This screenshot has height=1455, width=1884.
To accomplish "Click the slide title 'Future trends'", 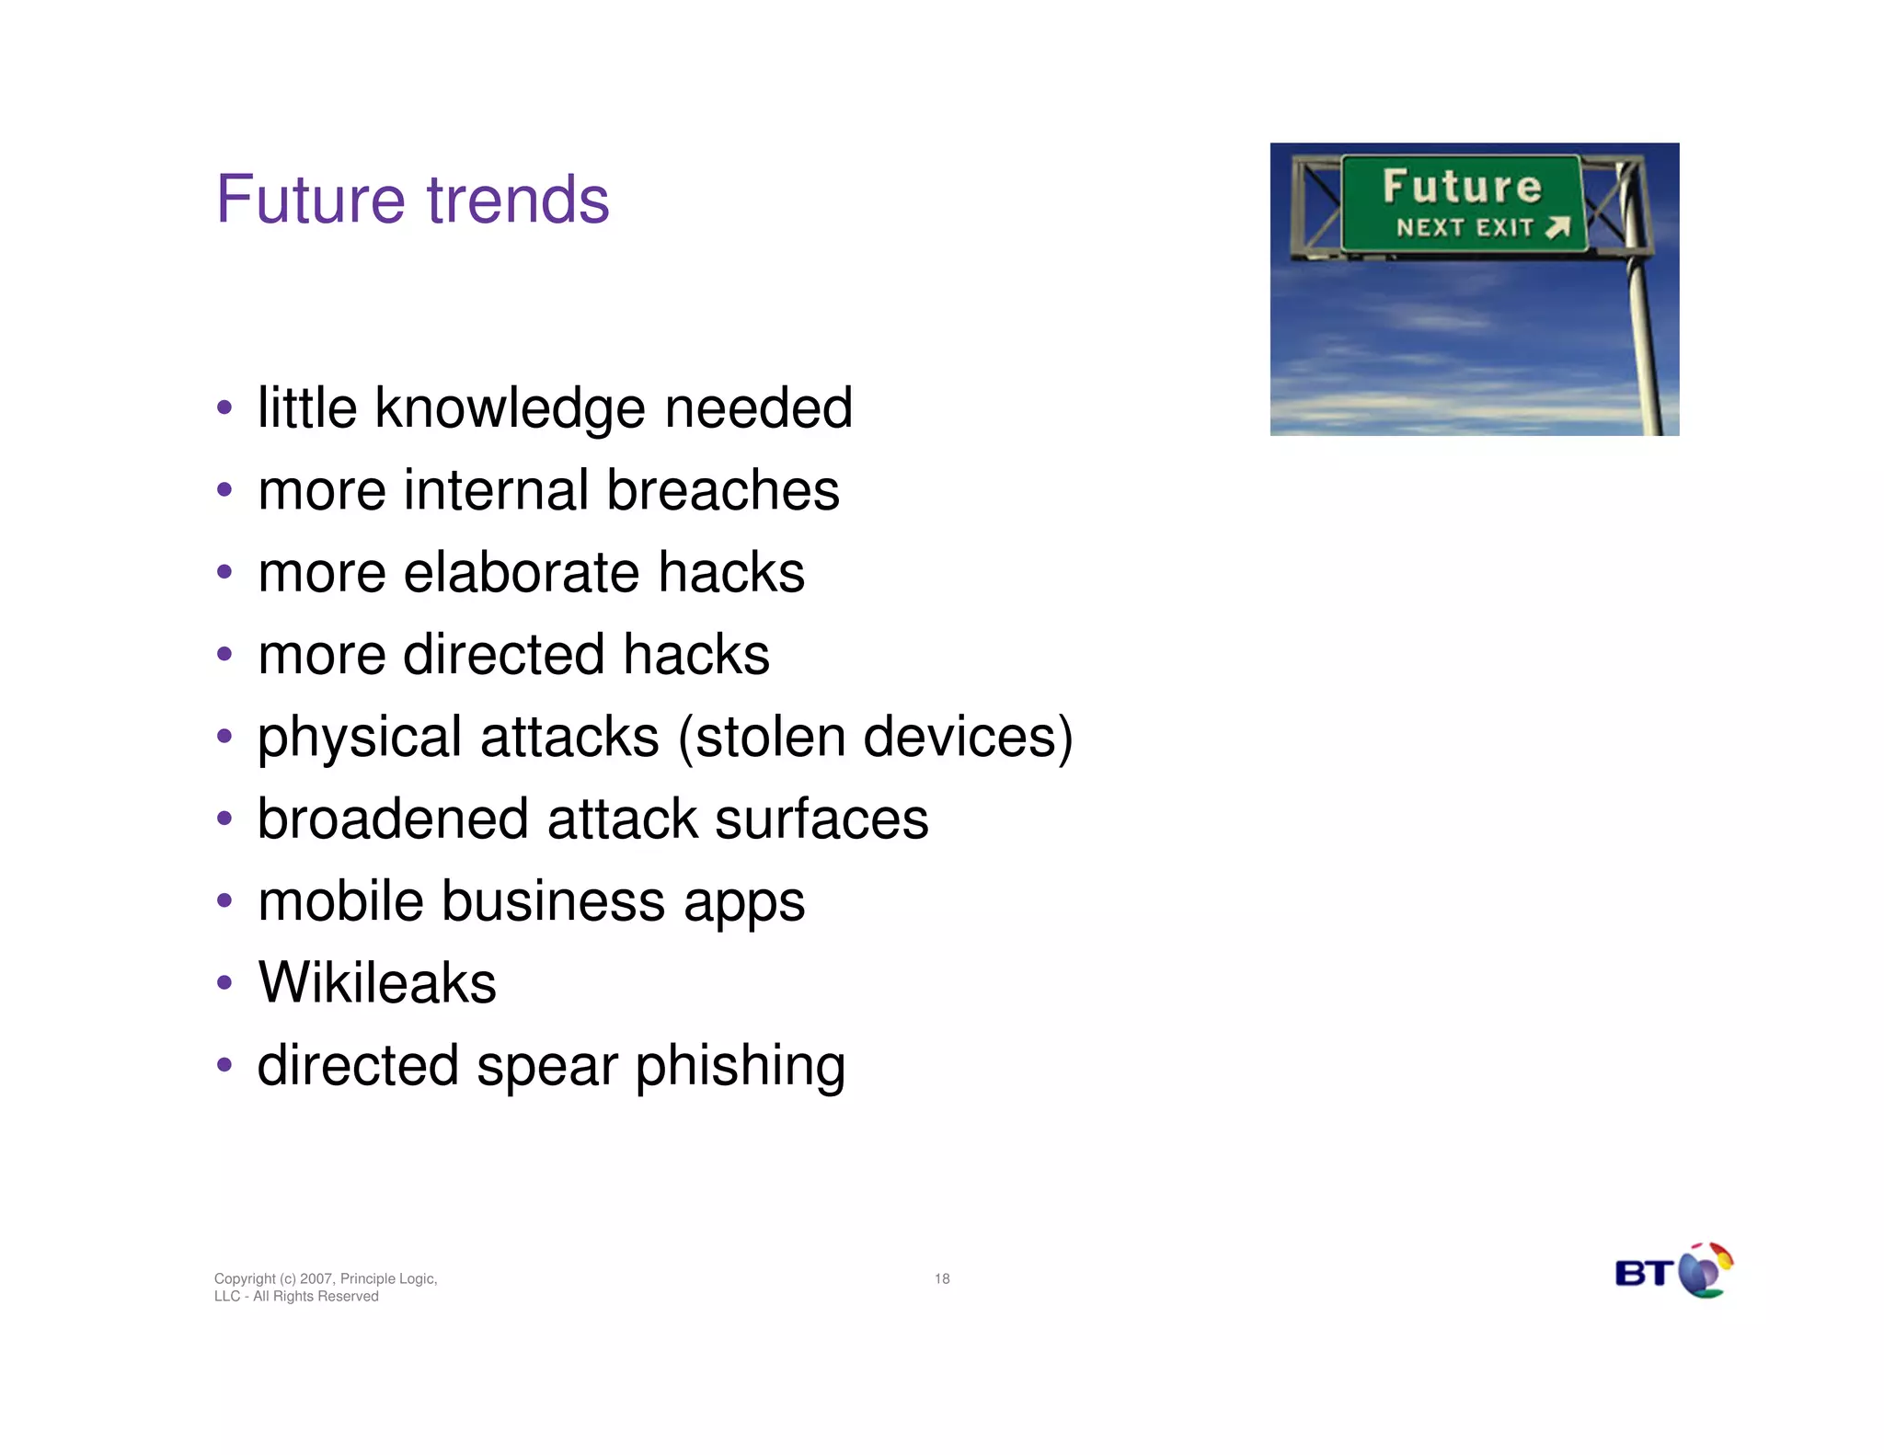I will click(412, 200).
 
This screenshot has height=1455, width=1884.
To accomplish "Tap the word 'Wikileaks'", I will click(377, 982).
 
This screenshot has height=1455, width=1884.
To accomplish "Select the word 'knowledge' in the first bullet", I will click(511, 408).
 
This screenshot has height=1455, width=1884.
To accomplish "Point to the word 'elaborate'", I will click(521, 572).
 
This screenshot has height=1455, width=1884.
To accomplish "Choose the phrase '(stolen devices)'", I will click(875, 737).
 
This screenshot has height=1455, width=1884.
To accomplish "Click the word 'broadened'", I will click(393, 819).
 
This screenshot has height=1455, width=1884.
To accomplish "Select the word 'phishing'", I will click(740, 1066).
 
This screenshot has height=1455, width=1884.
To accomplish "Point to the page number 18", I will click(942, 1278).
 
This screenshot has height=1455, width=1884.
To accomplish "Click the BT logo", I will click(1673, 1271).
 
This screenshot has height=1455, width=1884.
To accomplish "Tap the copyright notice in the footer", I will click(325, 1287).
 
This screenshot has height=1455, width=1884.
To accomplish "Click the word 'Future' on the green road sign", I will click(1462, 187).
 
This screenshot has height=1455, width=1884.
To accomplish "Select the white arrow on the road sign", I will click(1557, 227).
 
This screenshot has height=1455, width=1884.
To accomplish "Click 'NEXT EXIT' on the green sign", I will click(1465, 227).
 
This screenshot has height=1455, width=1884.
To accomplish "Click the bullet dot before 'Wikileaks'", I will click(224, 982).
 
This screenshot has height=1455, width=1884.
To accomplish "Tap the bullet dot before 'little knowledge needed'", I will click(224, 407).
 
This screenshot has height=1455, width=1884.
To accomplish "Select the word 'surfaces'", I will click(821, 819).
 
